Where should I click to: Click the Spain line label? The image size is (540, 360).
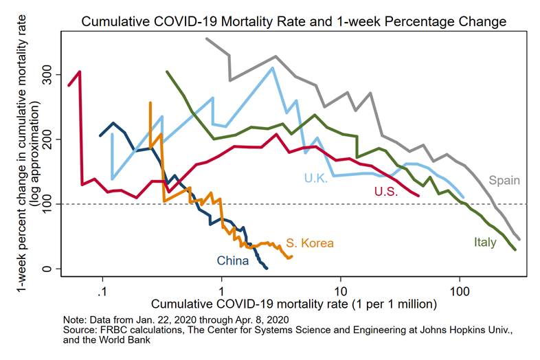pyautogui.click(x=504, y=181)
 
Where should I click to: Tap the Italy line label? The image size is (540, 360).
pyautogui.click(x=484, y=242)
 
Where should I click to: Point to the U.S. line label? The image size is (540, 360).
pyautogui.click(x=387, y=192)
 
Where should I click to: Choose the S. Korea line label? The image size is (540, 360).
pyautogui.click(x=310, y=243)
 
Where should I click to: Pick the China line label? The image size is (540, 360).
pyautogui.click(x=233, y=260)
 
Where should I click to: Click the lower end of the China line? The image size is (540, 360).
pyautogui.click(x=266, y=267)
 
